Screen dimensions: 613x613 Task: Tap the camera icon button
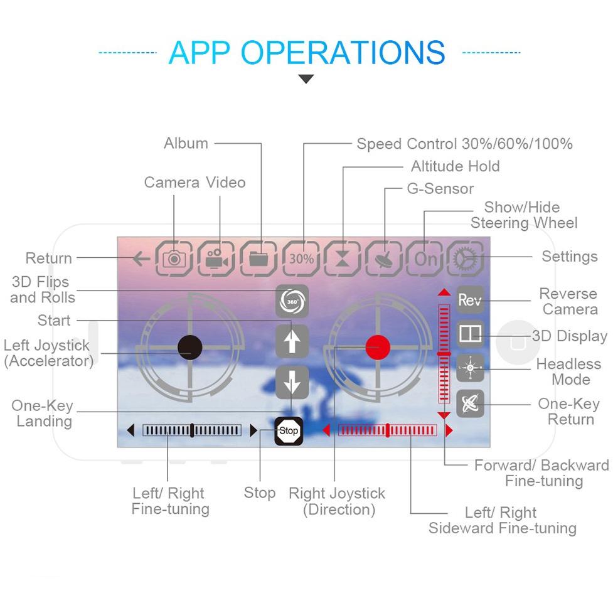[x=174, y=258]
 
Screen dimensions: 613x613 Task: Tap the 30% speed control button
[x=301, y=258]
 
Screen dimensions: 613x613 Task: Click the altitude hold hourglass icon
[x=343, y=258]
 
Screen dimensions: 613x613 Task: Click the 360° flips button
[x=292, y=301]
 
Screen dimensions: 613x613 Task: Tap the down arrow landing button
[x=292, y=382]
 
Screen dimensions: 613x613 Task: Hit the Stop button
[x=289, y=431]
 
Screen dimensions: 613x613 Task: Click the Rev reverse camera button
[x=470, y=300]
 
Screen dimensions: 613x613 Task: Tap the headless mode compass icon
[x=470, y=368]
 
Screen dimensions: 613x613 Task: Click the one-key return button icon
[x=470, y=403]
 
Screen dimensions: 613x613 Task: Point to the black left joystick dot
[x=189, y=346]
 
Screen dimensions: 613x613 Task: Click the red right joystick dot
[x=378, y=346]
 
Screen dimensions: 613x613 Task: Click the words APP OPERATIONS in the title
[x=307, y=53]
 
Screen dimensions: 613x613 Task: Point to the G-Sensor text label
[x=440, y=189]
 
